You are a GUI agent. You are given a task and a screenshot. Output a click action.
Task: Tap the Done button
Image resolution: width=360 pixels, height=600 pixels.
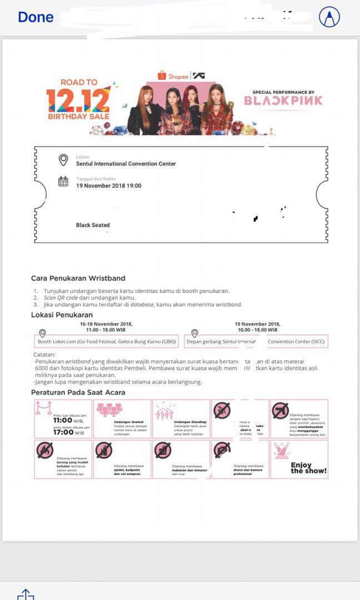click(x=36, y=17)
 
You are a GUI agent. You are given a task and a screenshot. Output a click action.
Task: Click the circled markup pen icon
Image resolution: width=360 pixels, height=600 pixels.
click(x=329, y=17)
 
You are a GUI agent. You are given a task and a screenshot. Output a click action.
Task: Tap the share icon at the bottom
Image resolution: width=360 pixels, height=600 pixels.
click(x=26, y=594)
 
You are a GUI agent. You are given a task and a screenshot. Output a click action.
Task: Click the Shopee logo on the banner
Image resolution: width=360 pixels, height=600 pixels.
click(x=173, y=76)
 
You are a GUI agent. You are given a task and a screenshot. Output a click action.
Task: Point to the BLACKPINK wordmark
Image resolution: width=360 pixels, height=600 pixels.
click(x=283, y=101)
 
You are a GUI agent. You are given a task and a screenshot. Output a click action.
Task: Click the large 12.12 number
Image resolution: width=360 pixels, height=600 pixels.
click(x=78, y=101)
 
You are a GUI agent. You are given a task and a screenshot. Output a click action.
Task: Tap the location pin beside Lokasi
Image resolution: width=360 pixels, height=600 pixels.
click(x=63, y=160)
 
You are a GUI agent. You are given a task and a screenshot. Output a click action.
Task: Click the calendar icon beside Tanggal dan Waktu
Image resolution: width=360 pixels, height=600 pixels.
click(x=63, y=181)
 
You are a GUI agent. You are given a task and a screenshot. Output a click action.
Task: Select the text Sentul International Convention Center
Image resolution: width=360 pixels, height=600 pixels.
click(x=126, y=164)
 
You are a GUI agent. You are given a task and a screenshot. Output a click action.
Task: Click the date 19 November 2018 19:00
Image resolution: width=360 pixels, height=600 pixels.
click(x=108, y=186)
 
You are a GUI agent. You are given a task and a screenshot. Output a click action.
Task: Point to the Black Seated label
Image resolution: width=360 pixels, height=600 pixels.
click(x=93, y=225)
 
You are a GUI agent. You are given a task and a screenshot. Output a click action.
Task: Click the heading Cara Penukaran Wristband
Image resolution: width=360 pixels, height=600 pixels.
click(x=78, y=278)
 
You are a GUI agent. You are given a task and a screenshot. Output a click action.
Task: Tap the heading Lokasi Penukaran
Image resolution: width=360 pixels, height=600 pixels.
click(x=62, y=315)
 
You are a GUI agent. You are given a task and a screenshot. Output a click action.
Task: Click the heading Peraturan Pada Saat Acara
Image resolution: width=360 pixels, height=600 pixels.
click(x=78, y=392)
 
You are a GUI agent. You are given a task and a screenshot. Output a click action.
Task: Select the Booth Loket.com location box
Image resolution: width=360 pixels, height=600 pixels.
click(x=106, y=341)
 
